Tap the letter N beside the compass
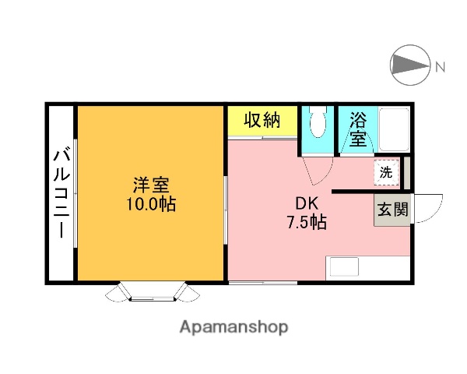point(441,67)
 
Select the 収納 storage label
point(262,120)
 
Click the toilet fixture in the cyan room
point(316,125)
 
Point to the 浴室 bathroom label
point(357,129)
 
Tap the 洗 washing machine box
point(386,172)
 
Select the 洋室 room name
point(151,186)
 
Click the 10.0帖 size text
point(151,205)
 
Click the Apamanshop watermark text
point(233,327)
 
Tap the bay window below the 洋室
point(152,292)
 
